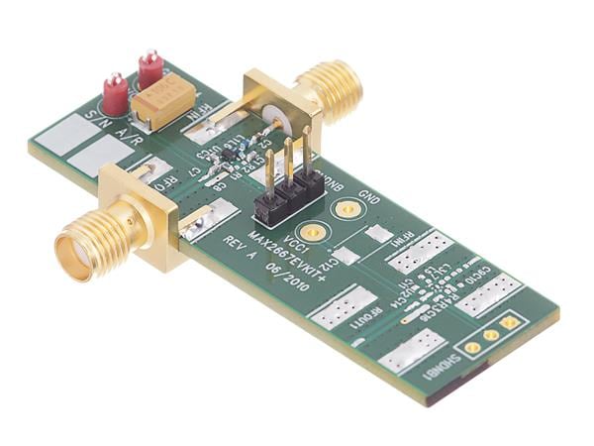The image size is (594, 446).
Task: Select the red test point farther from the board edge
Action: click(x=150, y=69)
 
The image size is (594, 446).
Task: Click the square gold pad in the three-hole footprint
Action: click(x=510, y=322)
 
